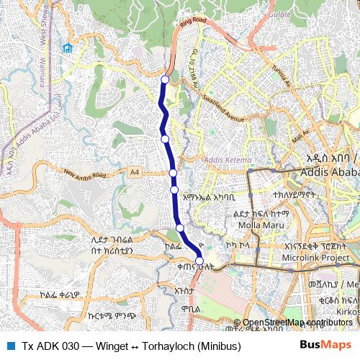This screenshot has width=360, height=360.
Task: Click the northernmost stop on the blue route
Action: [165, 80]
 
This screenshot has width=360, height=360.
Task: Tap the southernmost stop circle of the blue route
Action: [199, 261]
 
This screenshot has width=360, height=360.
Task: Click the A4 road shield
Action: [135, 171]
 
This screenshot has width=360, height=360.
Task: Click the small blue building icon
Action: [67, 48]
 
